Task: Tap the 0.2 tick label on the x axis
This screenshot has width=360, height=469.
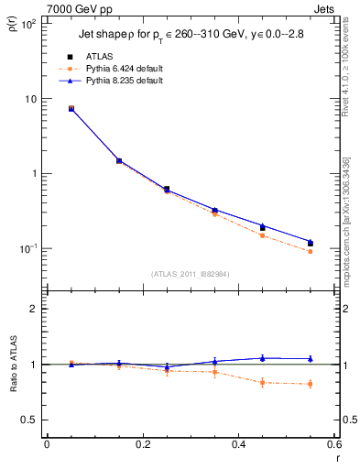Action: (142, 445)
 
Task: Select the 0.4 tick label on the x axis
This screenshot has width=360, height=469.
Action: (238, 445)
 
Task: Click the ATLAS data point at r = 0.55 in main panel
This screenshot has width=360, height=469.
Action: (310, 243)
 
